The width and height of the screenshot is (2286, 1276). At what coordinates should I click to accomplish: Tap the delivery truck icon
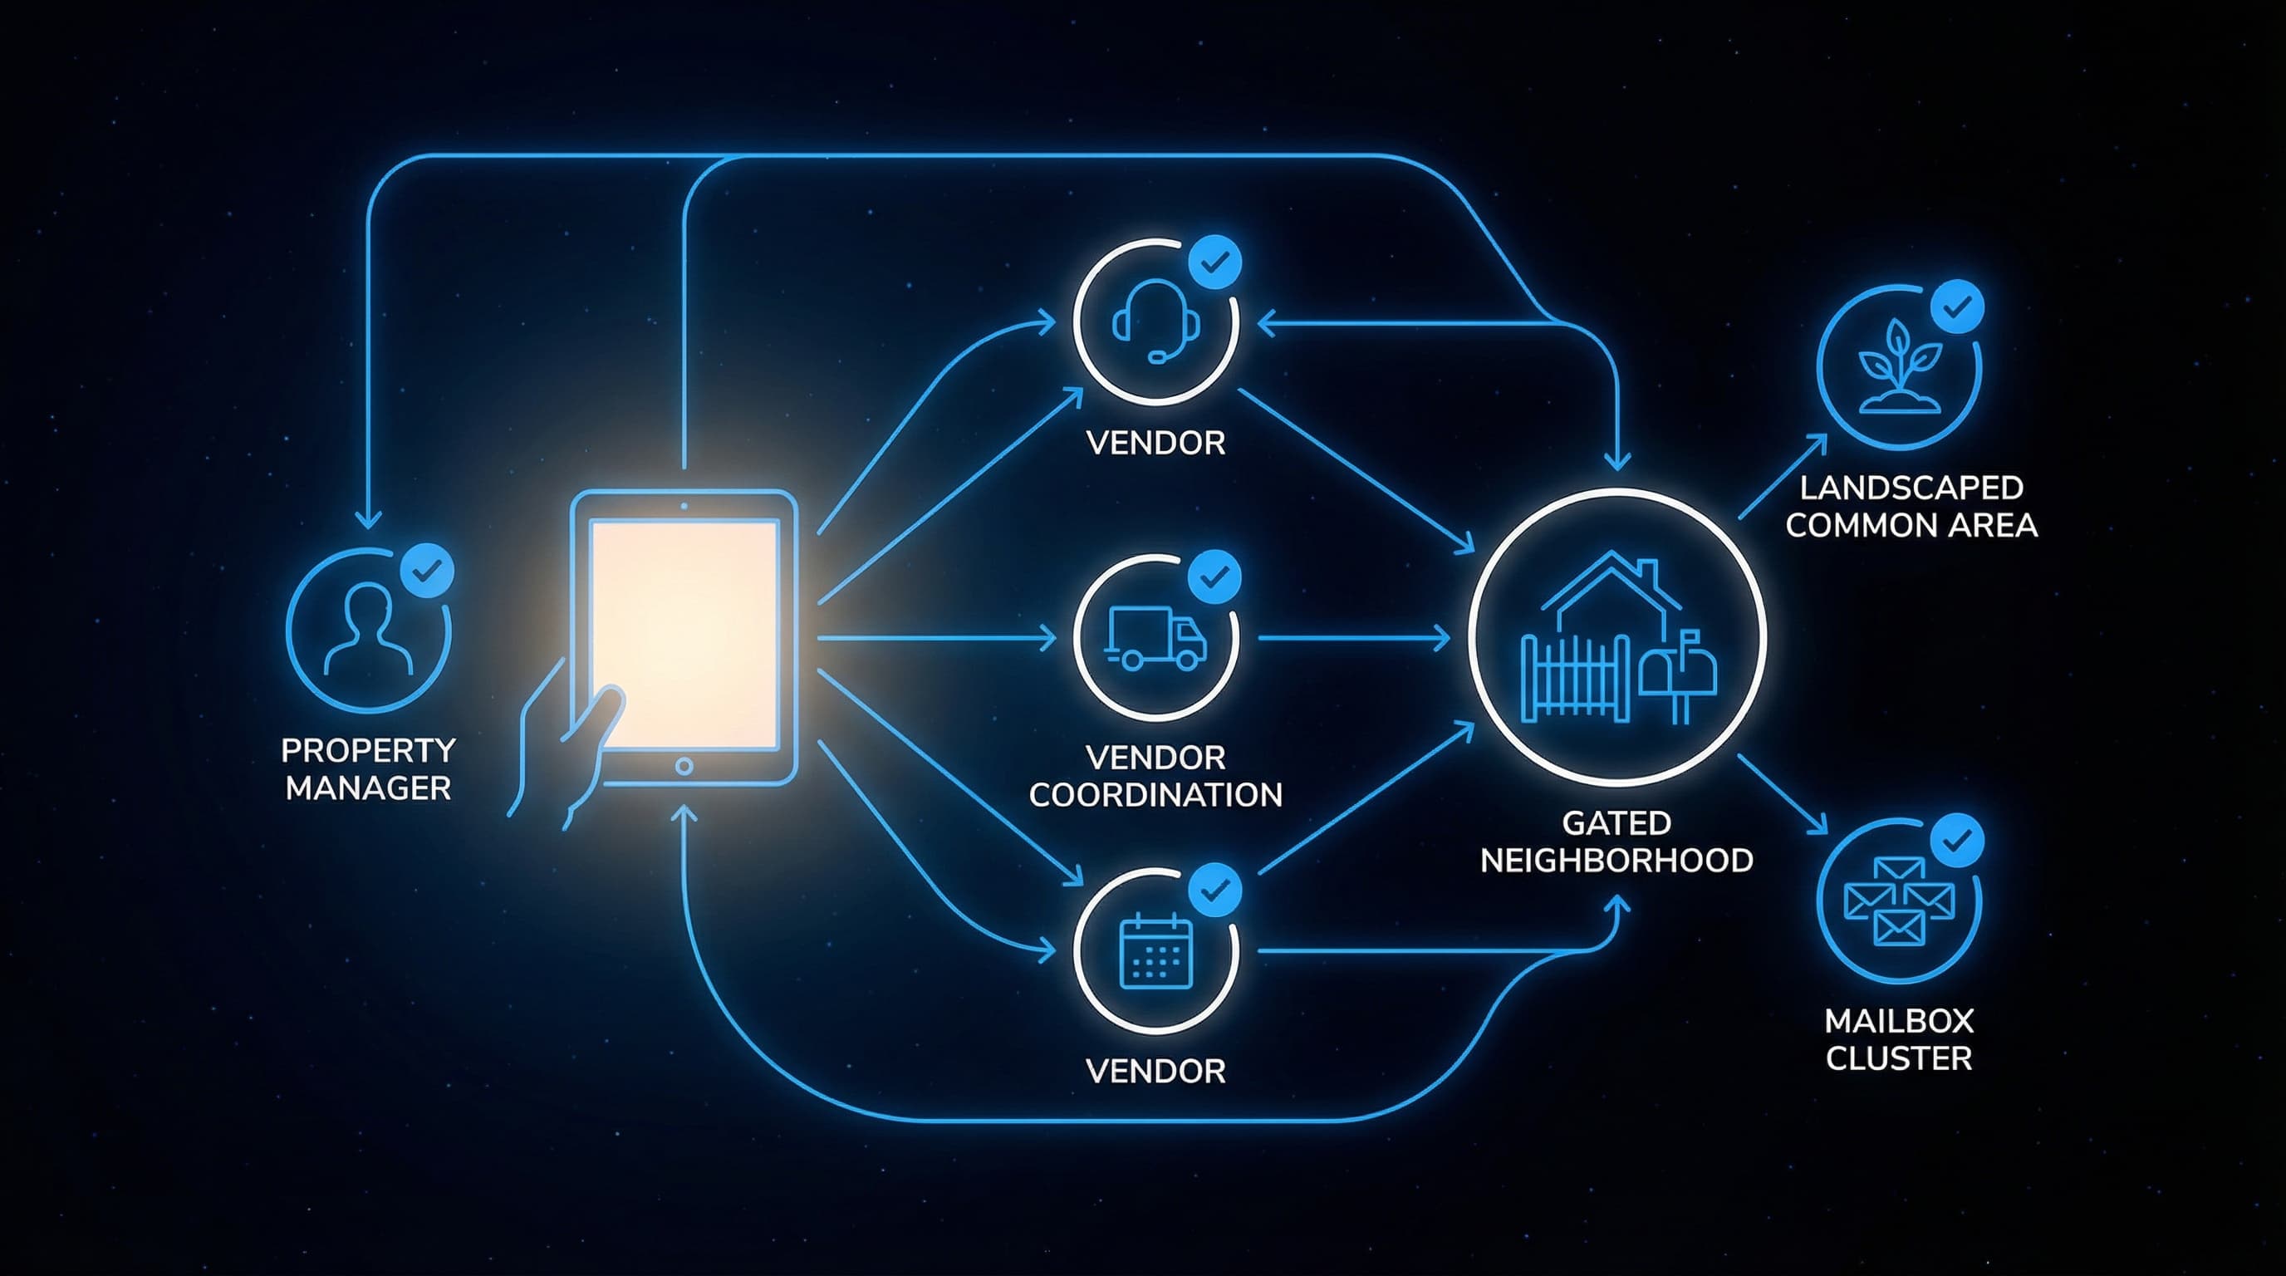pos(1156,638)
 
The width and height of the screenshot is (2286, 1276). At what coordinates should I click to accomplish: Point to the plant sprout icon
pos(1898,367)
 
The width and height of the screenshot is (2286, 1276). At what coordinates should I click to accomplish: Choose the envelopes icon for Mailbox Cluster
pos(1898,901)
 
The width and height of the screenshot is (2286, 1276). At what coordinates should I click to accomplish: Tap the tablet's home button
pos(684,766)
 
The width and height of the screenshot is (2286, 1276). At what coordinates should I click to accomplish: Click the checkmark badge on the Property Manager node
pos(428,571)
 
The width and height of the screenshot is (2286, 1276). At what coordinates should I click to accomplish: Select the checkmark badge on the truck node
pos(1215,577)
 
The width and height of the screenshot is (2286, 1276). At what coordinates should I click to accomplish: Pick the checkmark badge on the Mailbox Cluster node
pos(1957,839)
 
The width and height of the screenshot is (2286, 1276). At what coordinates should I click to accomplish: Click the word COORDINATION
pos(1155,795)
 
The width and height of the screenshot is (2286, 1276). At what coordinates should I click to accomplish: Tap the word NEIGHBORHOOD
pos(1616,861)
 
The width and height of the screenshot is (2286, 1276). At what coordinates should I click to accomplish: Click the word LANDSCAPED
pos(1911,488)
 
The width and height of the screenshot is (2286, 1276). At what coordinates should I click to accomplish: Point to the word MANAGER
pos(368,788)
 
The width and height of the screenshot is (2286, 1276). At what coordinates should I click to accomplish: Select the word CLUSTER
pos(1898,1058)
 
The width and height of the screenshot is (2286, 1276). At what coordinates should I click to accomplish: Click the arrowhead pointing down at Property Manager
pos(368,519)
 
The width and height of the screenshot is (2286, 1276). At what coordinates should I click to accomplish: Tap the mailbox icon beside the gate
pos(1677,675)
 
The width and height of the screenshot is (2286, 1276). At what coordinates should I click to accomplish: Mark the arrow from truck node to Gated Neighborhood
pos(1353,638)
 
